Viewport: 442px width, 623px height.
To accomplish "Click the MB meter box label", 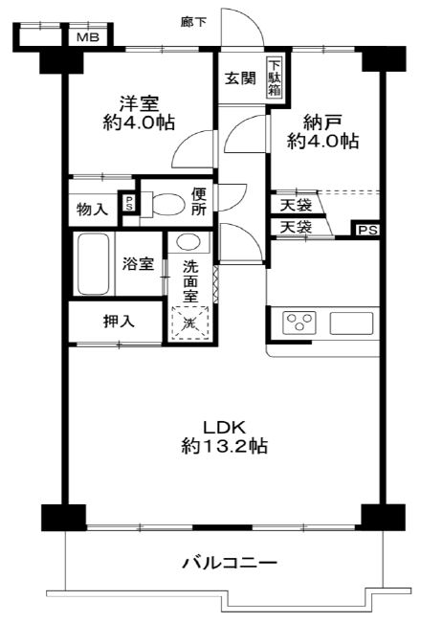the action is (88, 38).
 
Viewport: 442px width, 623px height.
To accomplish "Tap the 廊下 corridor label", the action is (193, 22).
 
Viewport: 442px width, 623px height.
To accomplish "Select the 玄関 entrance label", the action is (240, 78).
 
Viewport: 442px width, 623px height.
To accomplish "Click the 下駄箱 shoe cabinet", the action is (275, 78).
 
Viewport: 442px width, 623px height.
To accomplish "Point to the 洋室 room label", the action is (140, 103).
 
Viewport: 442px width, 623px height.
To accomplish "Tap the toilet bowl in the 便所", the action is (164, 205).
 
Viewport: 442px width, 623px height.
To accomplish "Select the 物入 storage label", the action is (92, 209).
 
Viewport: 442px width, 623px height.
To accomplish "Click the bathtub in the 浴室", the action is (94, 263).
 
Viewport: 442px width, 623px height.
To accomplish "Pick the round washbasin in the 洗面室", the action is (188, 242).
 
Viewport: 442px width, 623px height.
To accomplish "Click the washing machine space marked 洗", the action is (189, 323).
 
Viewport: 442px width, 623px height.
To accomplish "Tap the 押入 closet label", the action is (119, 321).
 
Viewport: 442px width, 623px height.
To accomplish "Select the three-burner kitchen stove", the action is (299, 323).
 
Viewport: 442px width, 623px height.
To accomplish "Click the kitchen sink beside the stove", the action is (351, 323).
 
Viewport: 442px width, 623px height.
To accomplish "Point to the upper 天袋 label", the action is (296, 205).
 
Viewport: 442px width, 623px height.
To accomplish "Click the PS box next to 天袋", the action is (367, 230).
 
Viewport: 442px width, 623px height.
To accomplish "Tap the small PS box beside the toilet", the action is (128, 204).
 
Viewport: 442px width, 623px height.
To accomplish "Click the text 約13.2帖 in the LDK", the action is (225, 446).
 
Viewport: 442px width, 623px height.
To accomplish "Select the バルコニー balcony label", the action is (230, 563).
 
